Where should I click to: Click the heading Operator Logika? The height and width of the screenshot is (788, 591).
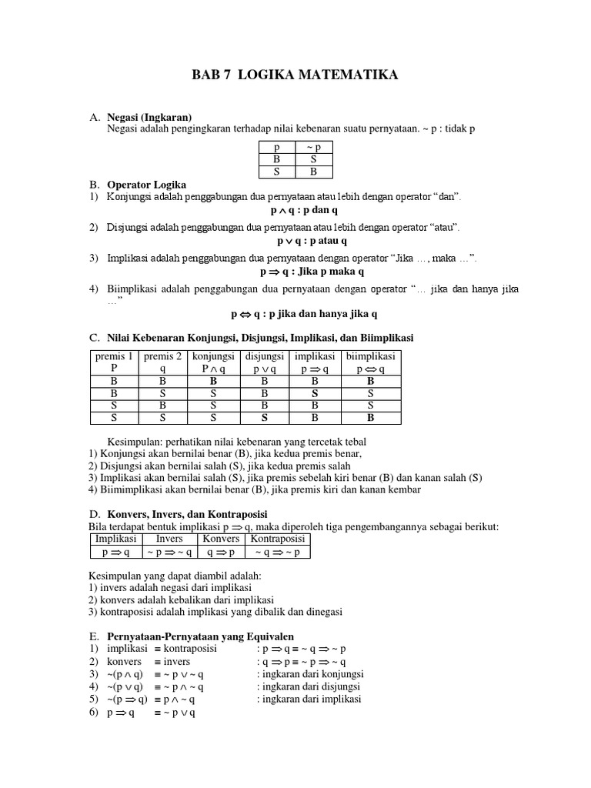tap(146, 185)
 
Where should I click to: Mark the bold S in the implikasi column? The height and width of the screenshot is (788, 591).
tap(315, 392)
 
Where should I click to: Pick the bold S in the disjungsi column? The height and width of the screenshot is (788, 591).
tap(264, 418)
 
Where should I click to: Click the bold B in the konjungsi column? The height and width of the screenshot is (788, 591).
tap(214, 380)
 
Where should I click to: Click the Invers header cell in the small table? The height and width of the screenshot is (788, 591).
tap(169, 539)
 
